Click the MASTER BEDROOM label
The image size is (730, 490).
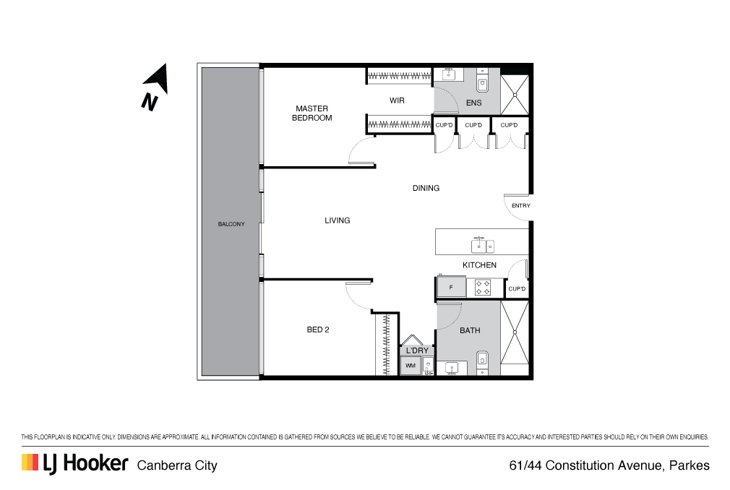point(312,113)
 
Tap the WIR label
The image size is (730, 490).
point(397,100)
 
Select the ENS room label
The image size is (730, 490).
point(474,103)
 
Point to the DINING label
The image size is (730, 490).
point(426,188)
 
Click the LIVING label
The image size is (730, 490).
point(337,220)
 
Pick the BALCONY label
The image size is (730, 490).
point(231,224)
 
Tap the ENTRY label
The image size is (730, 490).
point(521,206)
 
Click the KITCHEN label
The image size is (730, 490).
point(479,265)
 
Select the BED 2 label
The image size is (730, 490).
point(318,330)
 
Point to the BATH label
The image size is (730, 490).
point(470,330)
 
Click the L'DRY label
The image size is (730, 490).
point(417,351)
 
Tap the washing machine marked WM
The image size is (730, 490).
point(410,366)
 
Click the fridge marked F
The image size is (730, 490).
point(451,287)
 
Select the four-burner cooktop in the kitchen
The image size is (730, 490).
point(482,288)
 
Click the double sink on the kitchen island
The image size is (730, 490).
point(482,245)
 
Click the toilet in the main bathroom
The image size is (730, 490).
point(482,363)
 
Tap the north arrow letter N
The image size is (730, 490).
point(150,102)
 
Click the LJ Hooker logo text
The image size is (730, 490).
point(86,463)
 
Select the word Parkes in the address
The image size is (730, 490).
point(690,465)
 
